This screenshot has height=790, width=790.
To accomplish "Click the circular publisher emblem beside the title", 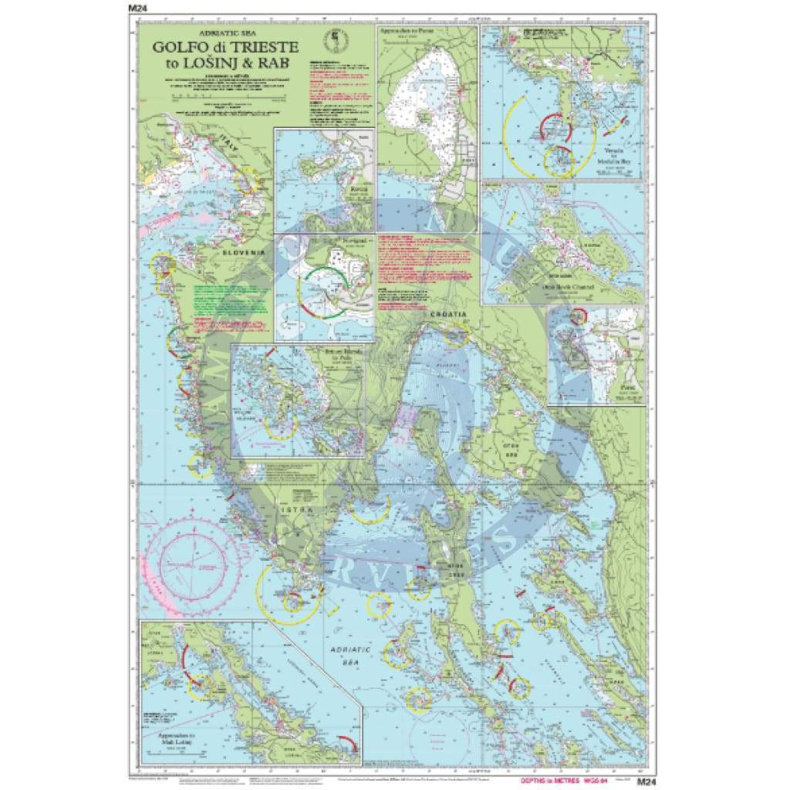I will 336,38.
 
